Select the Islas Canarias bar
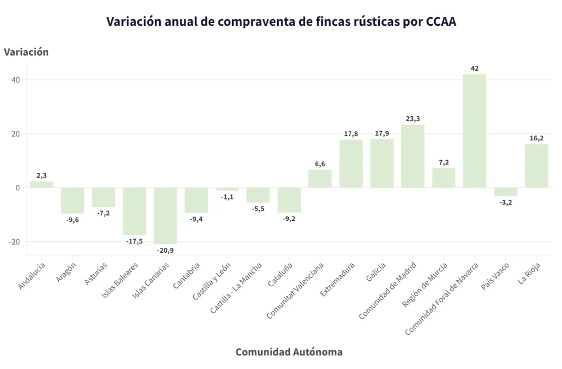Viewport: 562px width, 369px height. point(165,215)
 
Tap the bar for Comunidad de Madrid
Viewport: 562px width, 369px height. point(413,156)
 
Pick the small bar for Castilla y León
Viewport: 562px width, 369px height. point(227,189)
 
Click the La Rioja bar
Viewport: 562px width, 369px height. point(536,166)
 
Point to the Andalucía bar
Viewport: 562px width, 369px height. point(42,185)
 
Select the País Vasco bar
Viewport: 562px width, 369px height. point(505,192)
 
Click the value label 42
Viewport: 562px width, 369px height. point(475,69)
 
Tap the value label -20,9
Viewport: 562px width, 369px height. point(165,250)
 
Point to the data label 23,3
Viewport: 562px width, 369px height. point(413,118)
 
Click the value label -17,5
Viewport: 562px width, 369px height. point(134,241)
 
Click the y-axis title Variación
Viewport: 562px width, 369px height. point(26,52)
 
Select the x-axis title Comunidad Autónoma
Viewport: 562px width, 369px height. point(289,352)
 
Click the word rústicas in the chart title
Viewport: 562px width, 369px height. point(370,21)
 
